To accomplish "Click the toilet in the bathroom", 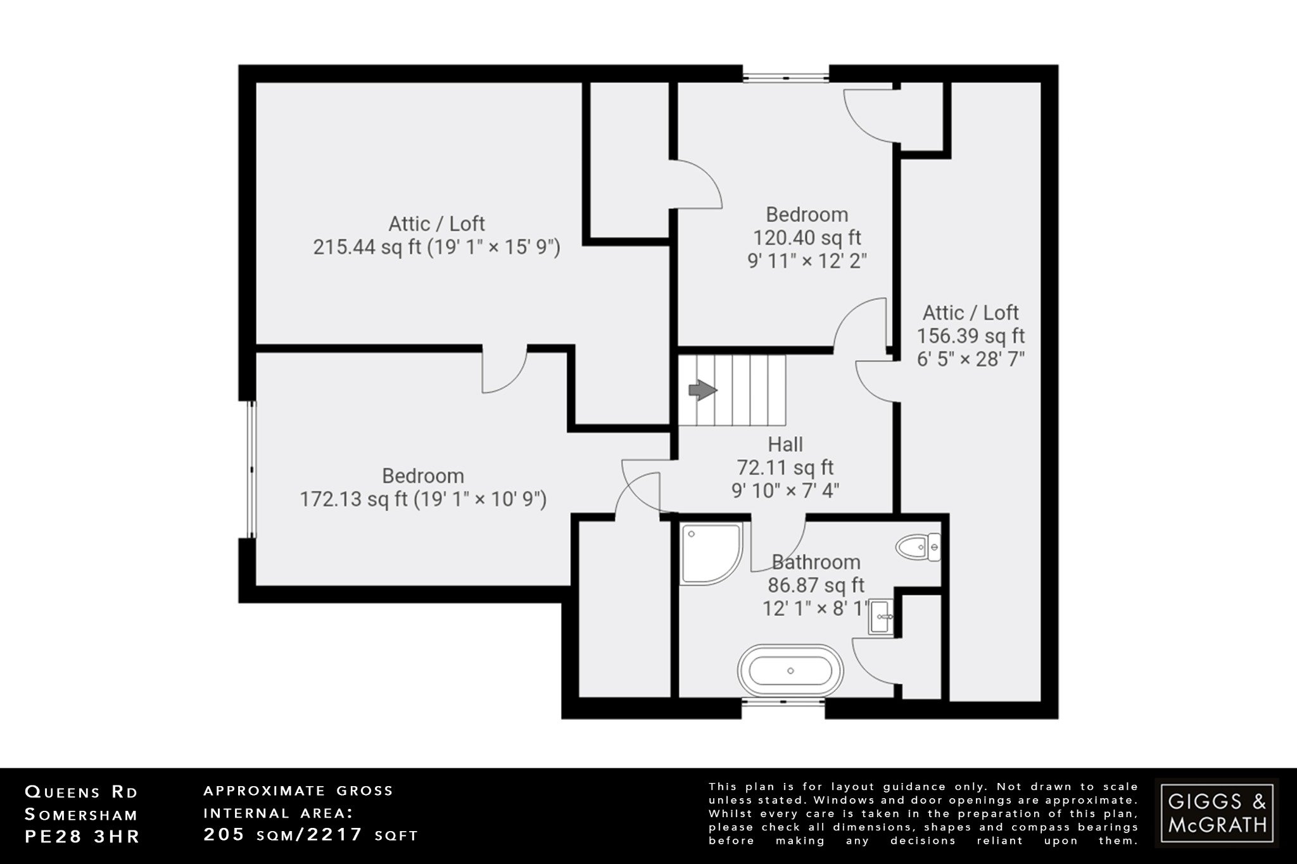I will coord(918,547).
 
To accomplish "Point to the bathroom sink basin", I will coord(882,616).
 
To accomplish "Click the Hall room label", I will coord(785,444).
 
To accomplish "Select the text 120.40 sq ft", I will coord(807,238).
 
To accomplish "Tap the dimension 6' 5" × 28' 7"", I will coord(971,359).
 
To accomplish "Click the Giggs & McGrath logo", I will coord(1217,813).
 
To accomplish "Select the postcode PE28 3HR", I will coord(82,836).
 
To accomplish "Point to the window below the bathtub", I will coord(783,702).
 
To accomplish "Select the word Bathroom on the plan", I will coord(816,562).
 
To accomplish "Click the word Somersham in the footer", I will coord(81,815).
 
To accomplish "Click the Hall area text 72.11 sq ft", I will coord(785,468).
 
